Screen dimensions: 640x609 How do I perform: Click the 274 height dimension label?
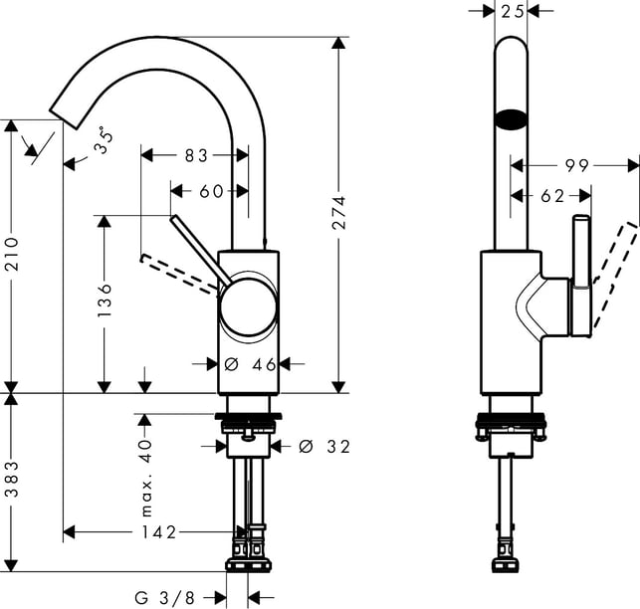(x=338, y=212)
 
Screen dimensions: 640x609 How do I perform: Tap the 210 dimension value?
(x=12, y=254)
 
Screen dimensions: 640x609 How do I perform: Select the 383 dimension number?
(x=12, y=479)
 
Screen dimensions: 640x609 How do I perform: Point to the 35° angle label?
(x=103, y=140)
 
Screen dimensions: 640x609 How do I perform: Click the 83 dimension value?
(x=196, y=155)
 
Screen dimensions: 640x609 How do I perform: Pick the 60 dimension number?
(x=211, y=191)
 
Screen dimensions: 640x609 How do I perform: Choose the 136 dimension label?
(x=105, y=300)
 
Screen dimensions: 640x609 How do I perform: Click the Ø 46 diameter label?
(x=250, y=364)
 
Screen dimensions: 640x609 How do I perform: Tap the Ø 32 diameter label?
(x=324, y=447)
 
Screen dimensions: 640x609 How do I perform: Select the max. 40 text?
(x=145, y=478)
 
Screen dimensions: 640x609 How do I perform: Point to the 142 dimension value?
(x=159, y=532)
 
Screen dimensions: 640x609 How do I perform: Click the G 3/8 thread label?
(x=165, y=598)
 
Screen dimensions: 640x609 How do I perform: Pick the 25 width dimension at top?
(x=512, y=11)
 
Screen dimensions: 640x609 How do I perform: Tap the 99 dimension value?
(x=576, y=166)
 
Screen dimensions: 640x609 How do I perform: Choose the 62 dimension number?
(x=552, y=196)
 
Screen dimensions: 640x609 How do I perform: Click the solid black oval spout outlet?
(x=511, y=120)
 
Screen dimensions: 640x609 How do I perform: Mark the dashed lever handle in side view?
(x=615, y=273)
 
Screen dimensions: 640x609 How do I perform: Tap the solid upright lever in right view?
(x=581, y=276)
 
